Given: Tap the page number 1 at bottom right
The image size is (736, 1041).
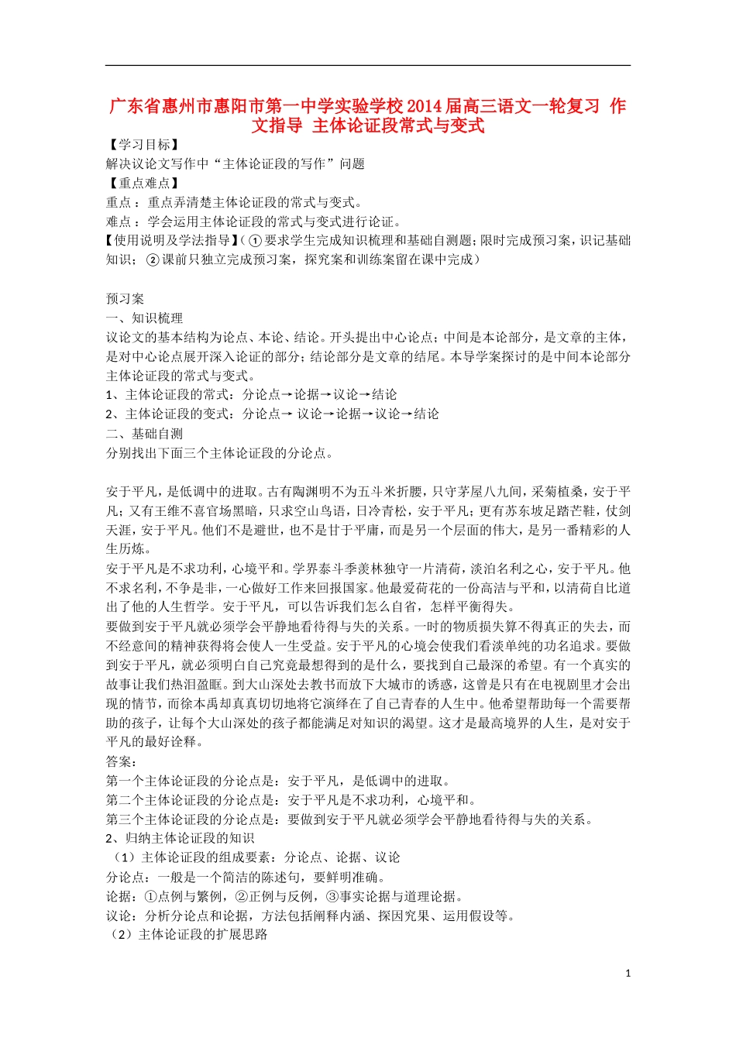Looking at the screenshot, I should (628, 974).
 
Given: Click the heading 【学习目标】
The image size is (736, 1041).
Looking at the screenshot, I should (144, 145).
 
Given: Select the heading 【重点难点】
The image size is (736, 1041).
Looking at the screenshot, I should (144, 184).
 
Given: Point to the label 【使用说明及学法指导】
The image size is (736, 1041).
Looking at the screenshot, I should (172, 241).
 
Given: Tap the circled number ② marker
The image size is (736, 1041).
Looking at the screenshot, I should (153, 260).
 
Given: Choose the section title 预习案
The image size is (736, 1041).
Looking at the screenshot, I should (125, 299).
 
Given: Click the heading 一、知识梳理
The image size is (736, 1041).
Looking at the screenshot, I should (145, 318).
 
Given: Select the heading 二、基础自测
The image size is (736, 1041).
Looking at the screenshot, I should (145, 434).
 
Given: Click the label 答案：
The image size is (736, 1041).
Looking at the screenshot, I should (122, 761).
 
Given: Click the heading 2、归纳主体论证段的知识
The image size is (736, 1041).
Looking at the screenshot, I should (180, 838).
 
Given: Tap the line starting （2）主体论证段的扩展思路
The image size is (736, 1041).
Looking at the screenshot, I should (187, 935).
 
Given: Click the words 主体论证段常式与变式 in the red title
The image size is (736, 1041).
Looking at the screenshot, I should (398, 125).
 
